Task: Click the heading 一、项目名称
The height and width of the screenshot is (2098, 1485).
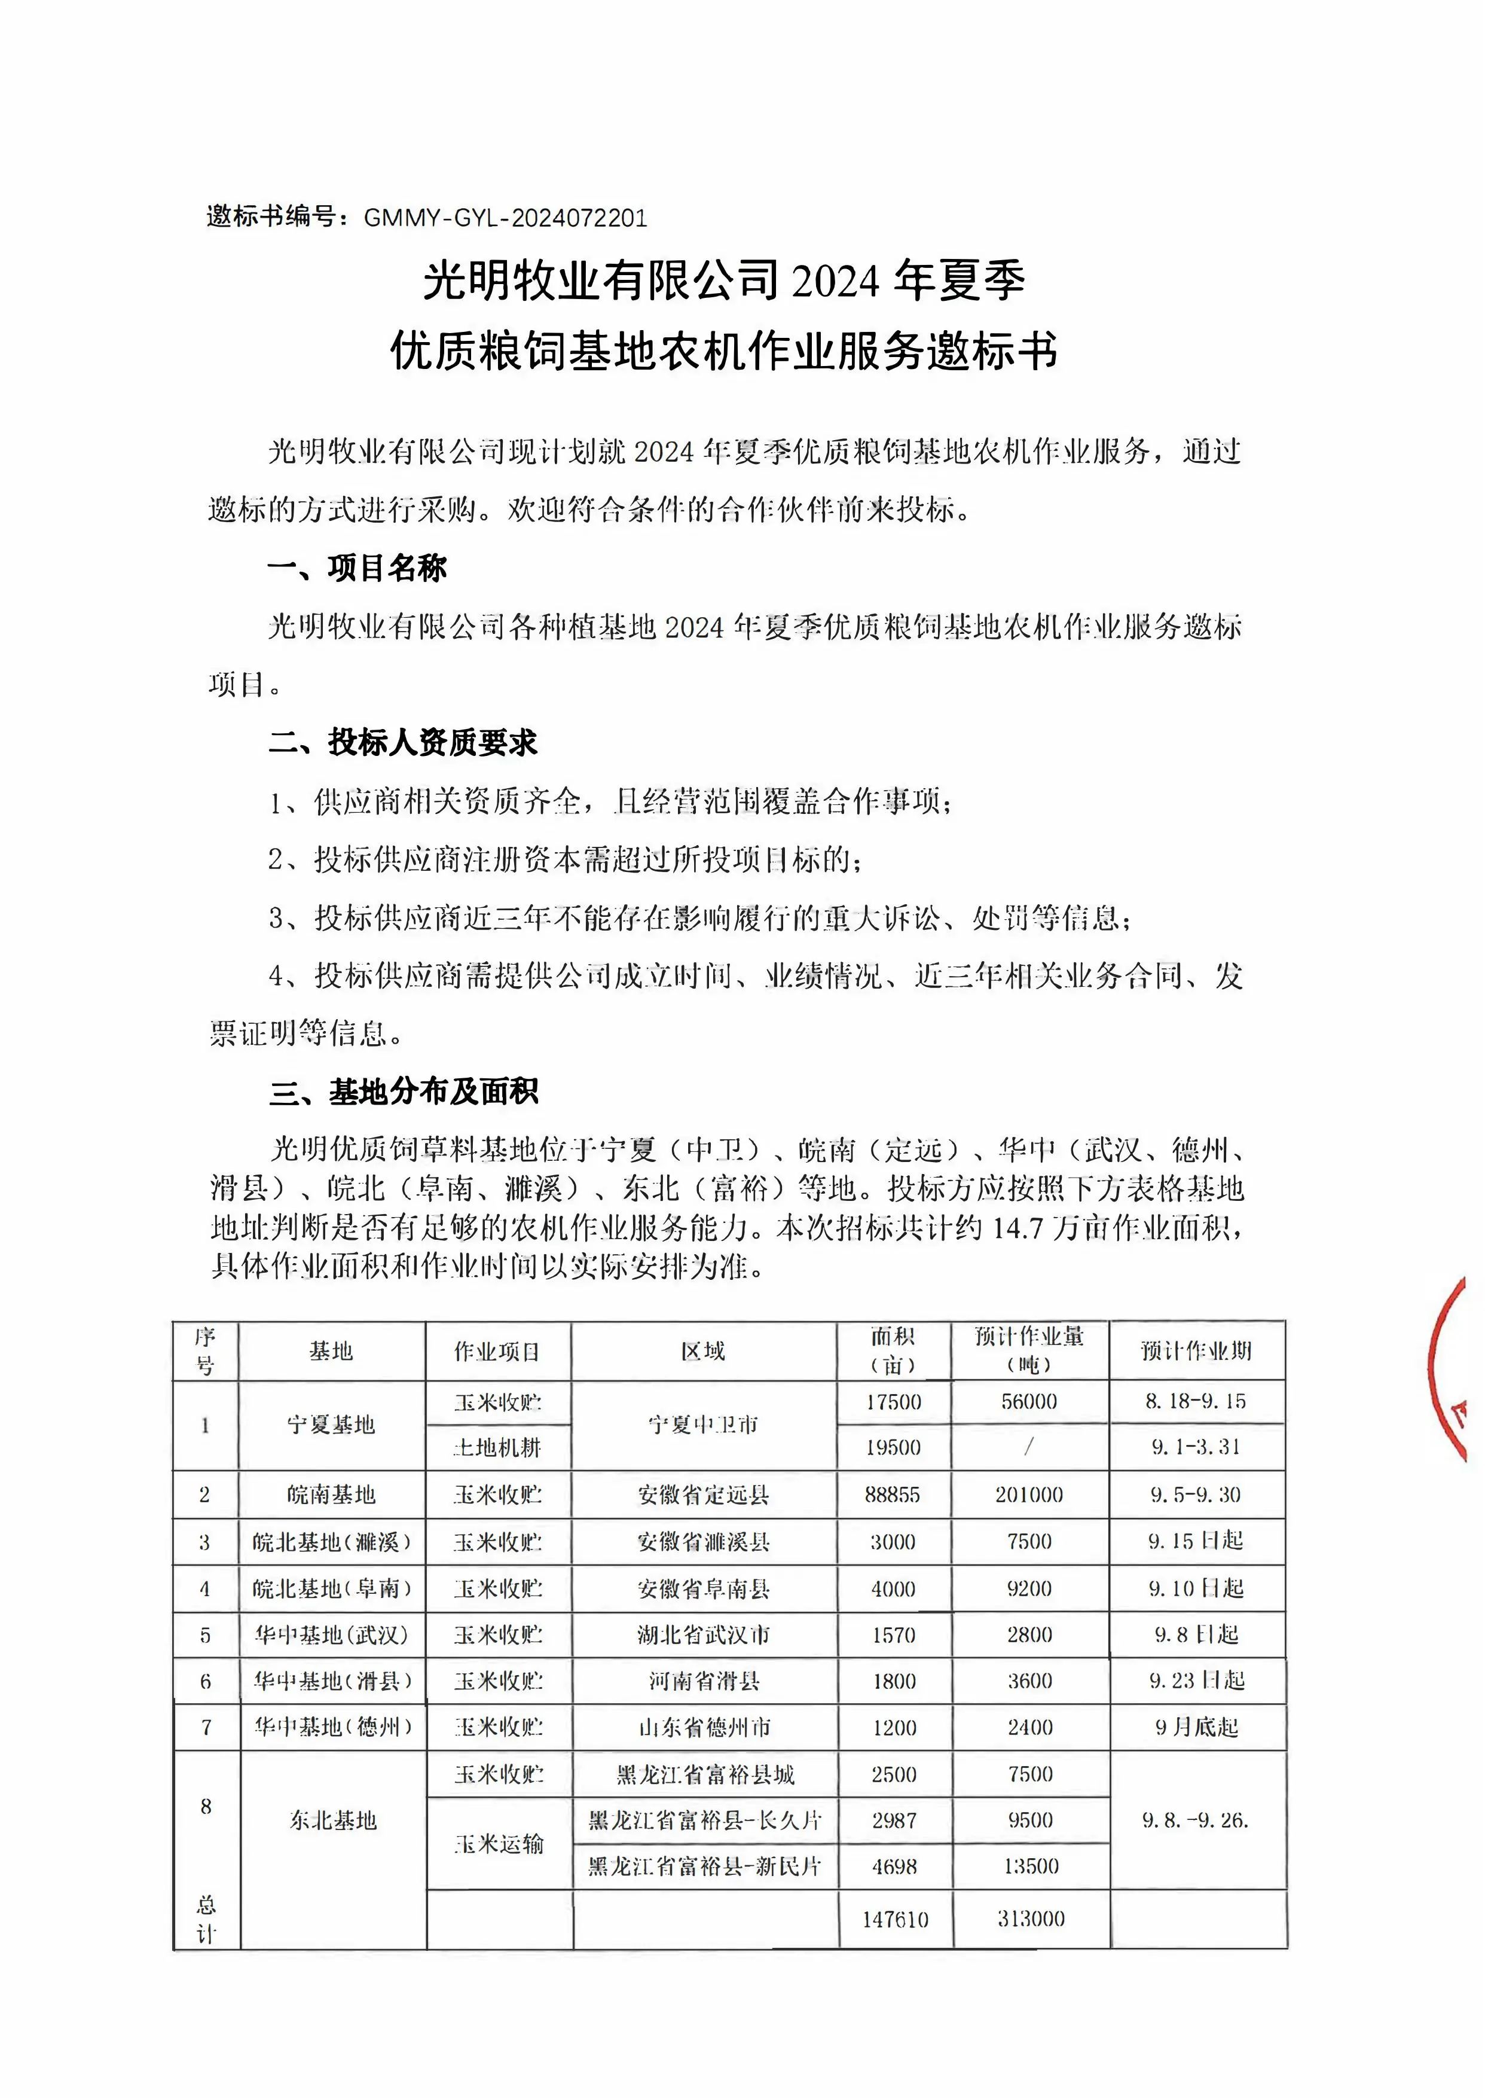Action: tap(357, 568)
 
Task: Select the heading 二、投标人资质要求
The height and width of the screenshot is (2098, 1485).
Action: tap(402, 743)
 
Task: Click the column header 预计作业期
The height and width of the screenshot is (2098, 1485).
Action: tap(1196, 1351)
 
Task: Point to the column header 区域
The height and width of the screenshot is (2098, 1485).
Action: tap(702, 1351)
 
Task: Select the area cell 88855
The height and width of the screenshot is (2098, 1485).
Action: tap(893, 1495)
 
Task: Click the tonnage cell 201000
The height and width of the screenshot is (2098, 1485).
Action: tap(1029, 1495)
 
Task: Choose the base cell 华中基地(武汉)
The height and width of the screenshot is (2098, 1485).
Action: tap(331, 1635)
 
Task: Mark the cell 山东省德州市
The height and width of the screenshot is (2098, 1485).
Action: tap(703, 1728)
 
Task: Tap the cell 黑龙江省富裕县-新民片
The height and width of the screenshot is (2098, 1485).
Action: tap(704, 1867)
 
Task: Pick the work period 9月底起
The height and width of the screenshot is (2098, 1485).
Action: tap(1196, 1728)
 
